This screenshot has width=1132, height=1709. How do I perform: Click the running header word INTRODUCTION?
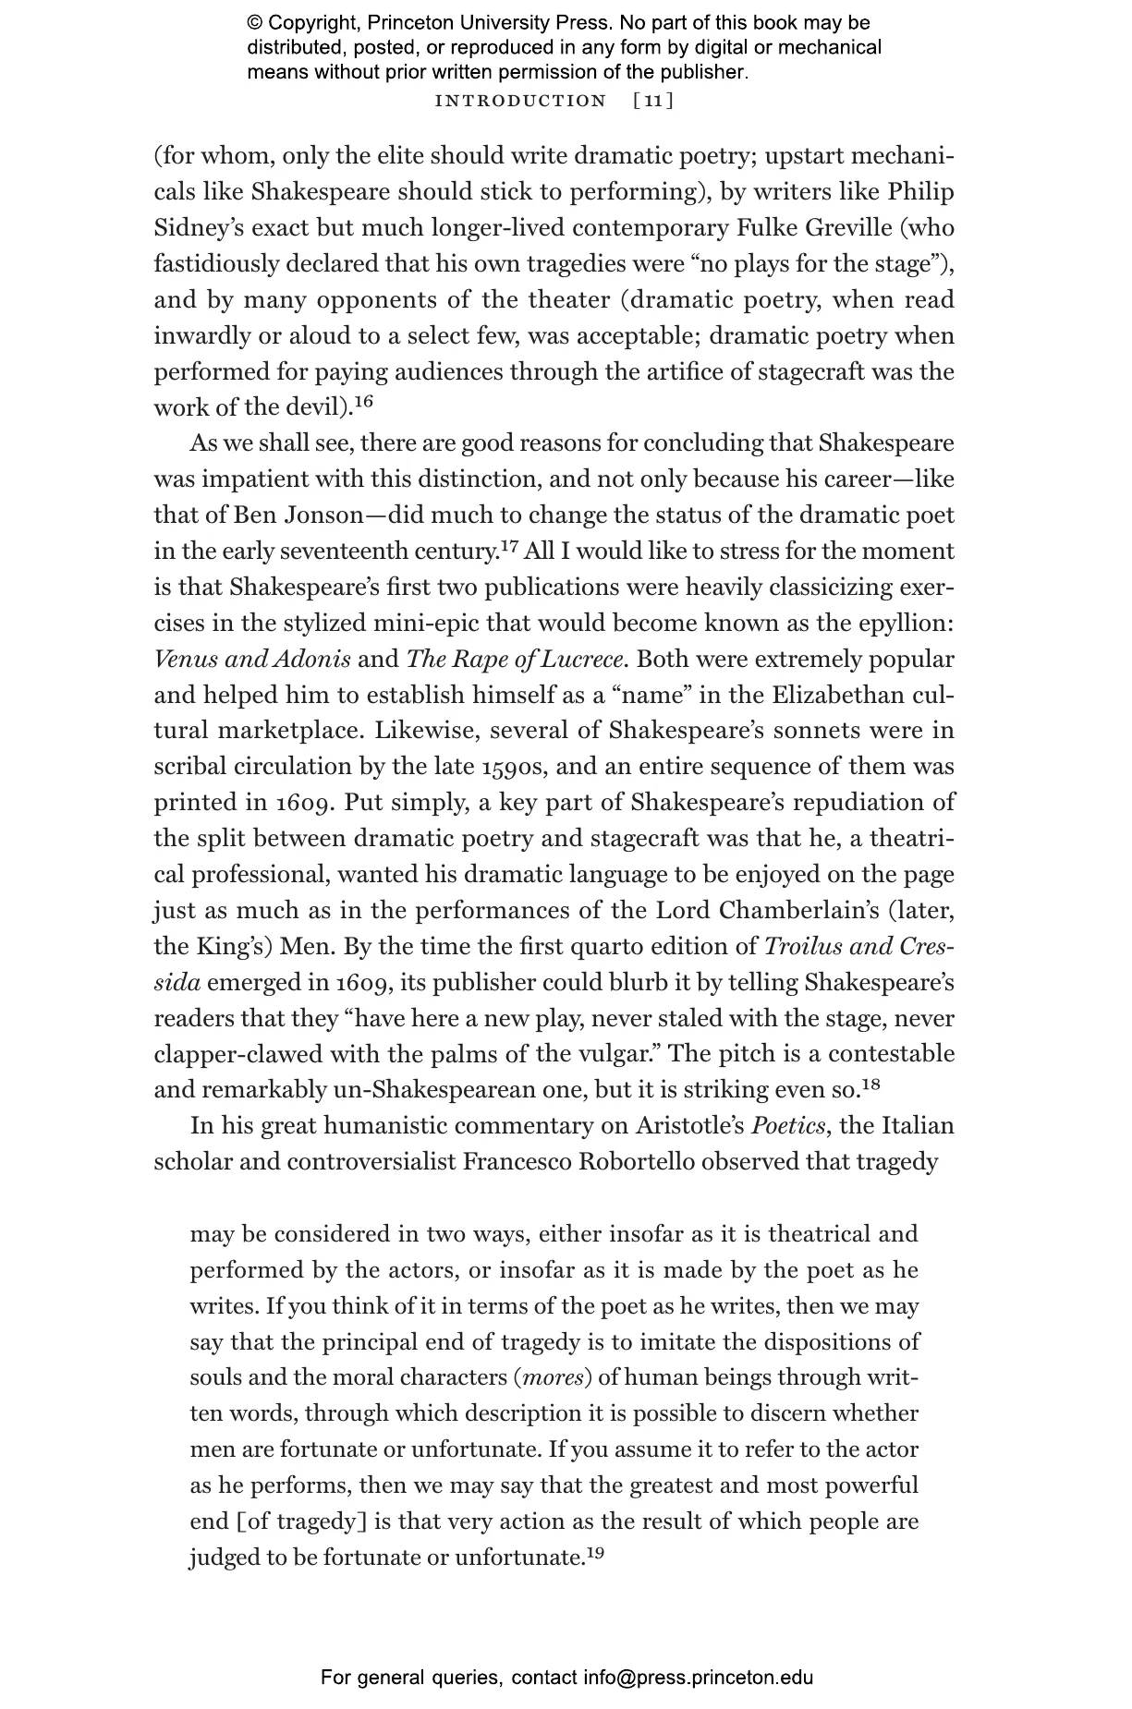[x=520, y=101]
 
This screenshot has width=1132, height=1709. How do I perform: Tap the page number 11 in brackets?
[x=653, y=101]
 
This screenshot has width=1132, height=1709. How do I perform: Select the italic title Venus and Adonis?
[x=252, y=660]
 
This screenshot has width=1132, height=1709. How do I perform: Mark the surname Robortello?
[x=636, y=1161]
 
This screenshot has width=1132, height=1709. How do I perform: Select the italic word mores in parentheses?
[x=553, y=1377]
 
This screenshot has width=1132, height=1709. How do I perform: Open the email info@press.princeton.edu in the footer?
[x=698, y=1677]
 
